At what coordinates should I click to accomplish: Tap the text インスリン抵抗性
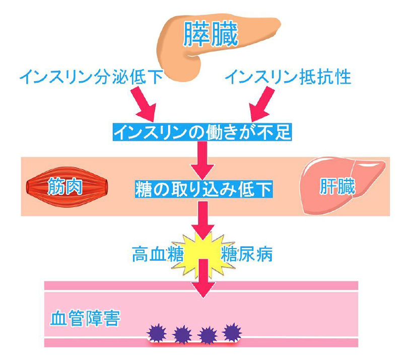tap(287, 77)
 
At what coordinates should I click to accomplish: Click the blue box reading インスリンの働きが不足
tap(202, 131)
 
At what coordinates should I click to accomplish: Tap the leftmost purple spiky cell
tap(156, 332)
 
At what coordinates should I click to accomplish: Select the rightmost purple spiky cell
tap(232, 332)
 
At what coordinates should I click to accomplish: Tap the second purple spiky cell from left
tap(182, 333)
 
